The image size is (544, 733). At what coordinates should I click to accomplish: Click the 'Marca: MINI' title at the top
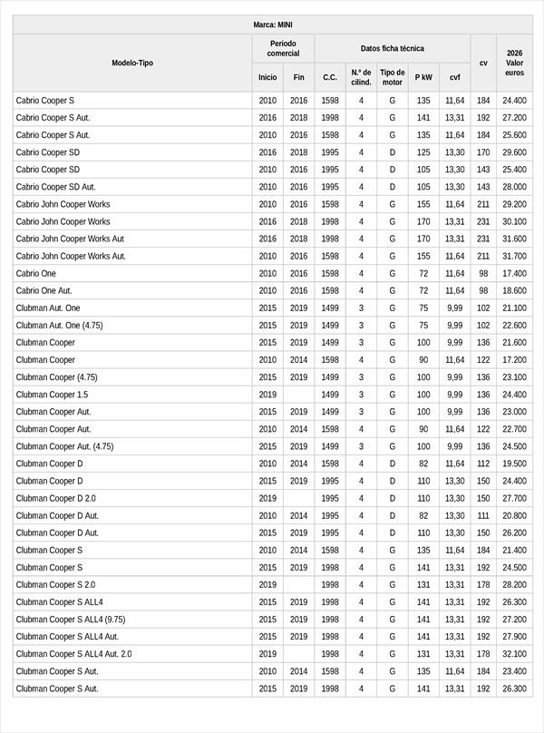[272, 24]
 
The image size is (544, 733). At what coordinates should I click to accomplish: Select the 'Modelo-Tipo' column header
[132, 63]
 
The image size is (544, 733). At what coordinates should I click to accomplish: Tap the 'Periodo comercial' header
[283, 48]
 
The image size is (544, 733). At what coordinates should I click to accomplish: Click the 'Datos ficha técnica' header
[392, 48]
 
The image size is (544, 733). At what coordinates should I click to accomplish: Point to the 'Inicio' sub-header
[267, 77]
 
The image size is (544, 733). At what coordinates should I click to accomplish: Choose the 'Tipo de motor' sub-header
[393, 77]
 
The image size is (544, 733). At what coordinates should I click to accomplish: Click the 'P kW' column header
[423, 77]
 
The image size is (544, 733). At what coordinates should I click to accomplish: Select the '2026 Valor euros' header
[514, 63]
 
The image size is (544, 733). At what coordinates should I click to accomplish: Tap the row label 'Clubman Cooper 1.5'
[52, 395]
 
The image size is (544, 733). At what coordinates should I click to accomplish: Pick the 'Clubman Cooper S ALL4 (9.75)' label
[71, 619]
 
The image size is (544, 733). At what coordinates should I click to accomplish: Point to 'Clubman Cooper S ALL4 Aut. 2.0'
[73, 653]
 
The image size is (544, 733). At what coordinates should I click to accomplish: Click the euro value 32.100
[514, 653]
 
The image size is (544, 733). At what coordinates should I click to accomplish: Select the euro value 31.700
[514, 256]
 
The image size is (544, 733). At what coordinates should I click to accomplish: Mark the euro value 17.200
[514, 360]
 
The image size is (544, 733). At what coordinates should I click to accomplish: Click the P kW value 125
[423, 152]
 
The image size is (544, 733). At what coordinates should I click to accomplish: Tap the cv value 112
[483, 464]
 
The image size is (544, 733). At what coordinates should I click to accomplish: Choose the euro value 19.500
[514, 464]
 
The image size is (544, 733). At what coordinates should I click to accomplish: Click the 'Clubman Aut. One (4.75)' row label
[59, 325]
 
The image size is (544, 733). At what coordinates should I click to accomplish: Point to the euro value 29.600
[514, 152]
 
